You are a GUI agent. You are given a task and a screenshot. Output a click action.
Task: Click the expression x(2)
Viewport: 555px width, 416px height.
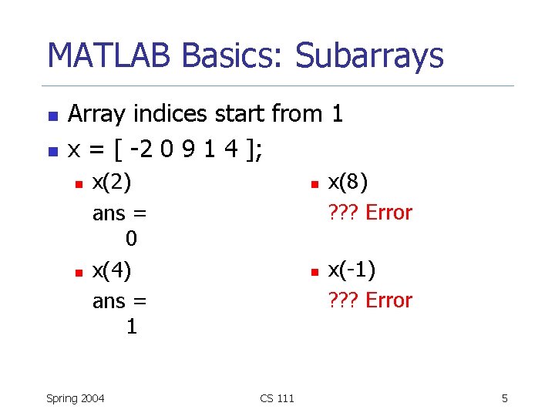click(x=112, y=183)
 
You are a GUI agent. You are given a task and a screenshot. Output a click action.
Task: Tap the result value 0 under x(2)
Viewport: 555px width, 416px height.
click(x=132, y=240)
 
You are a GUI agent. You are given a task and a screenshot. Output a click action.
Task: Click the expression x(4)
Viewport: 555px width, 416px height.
click(x=112, y=270)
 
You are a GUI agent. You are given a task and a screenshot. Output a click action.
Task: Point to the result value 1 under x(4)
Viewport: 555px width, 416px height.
click(x=132, y=327)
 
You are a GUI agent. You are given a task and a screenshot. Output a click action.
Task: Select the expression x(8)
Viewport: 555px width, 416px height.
click(x=348, y=183)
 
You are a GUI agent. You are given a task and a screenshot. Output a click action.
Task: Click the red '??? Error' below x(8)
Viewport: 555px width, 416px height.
click(x=370, y=212)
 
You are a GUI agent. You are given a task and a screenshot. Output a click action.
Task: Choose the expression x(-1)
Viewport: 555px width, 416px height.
click(x=351, y=270)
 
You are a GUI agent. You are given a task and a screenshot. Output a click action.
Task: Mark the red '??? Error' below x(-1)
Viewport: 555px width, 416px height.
click(x=370, y=300)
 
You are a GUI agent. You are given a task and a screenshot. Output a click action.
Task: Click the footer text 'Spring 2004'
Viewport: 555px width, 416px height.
click(x=76, y=398)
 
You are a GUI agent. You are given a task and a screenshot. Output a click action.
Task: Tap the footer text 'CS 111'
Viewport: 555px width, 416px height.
click(x=277, y=398)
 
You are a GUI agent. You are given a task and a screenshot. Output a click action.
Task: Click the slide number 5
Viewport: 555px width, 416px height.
click(x=504, y=398)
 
